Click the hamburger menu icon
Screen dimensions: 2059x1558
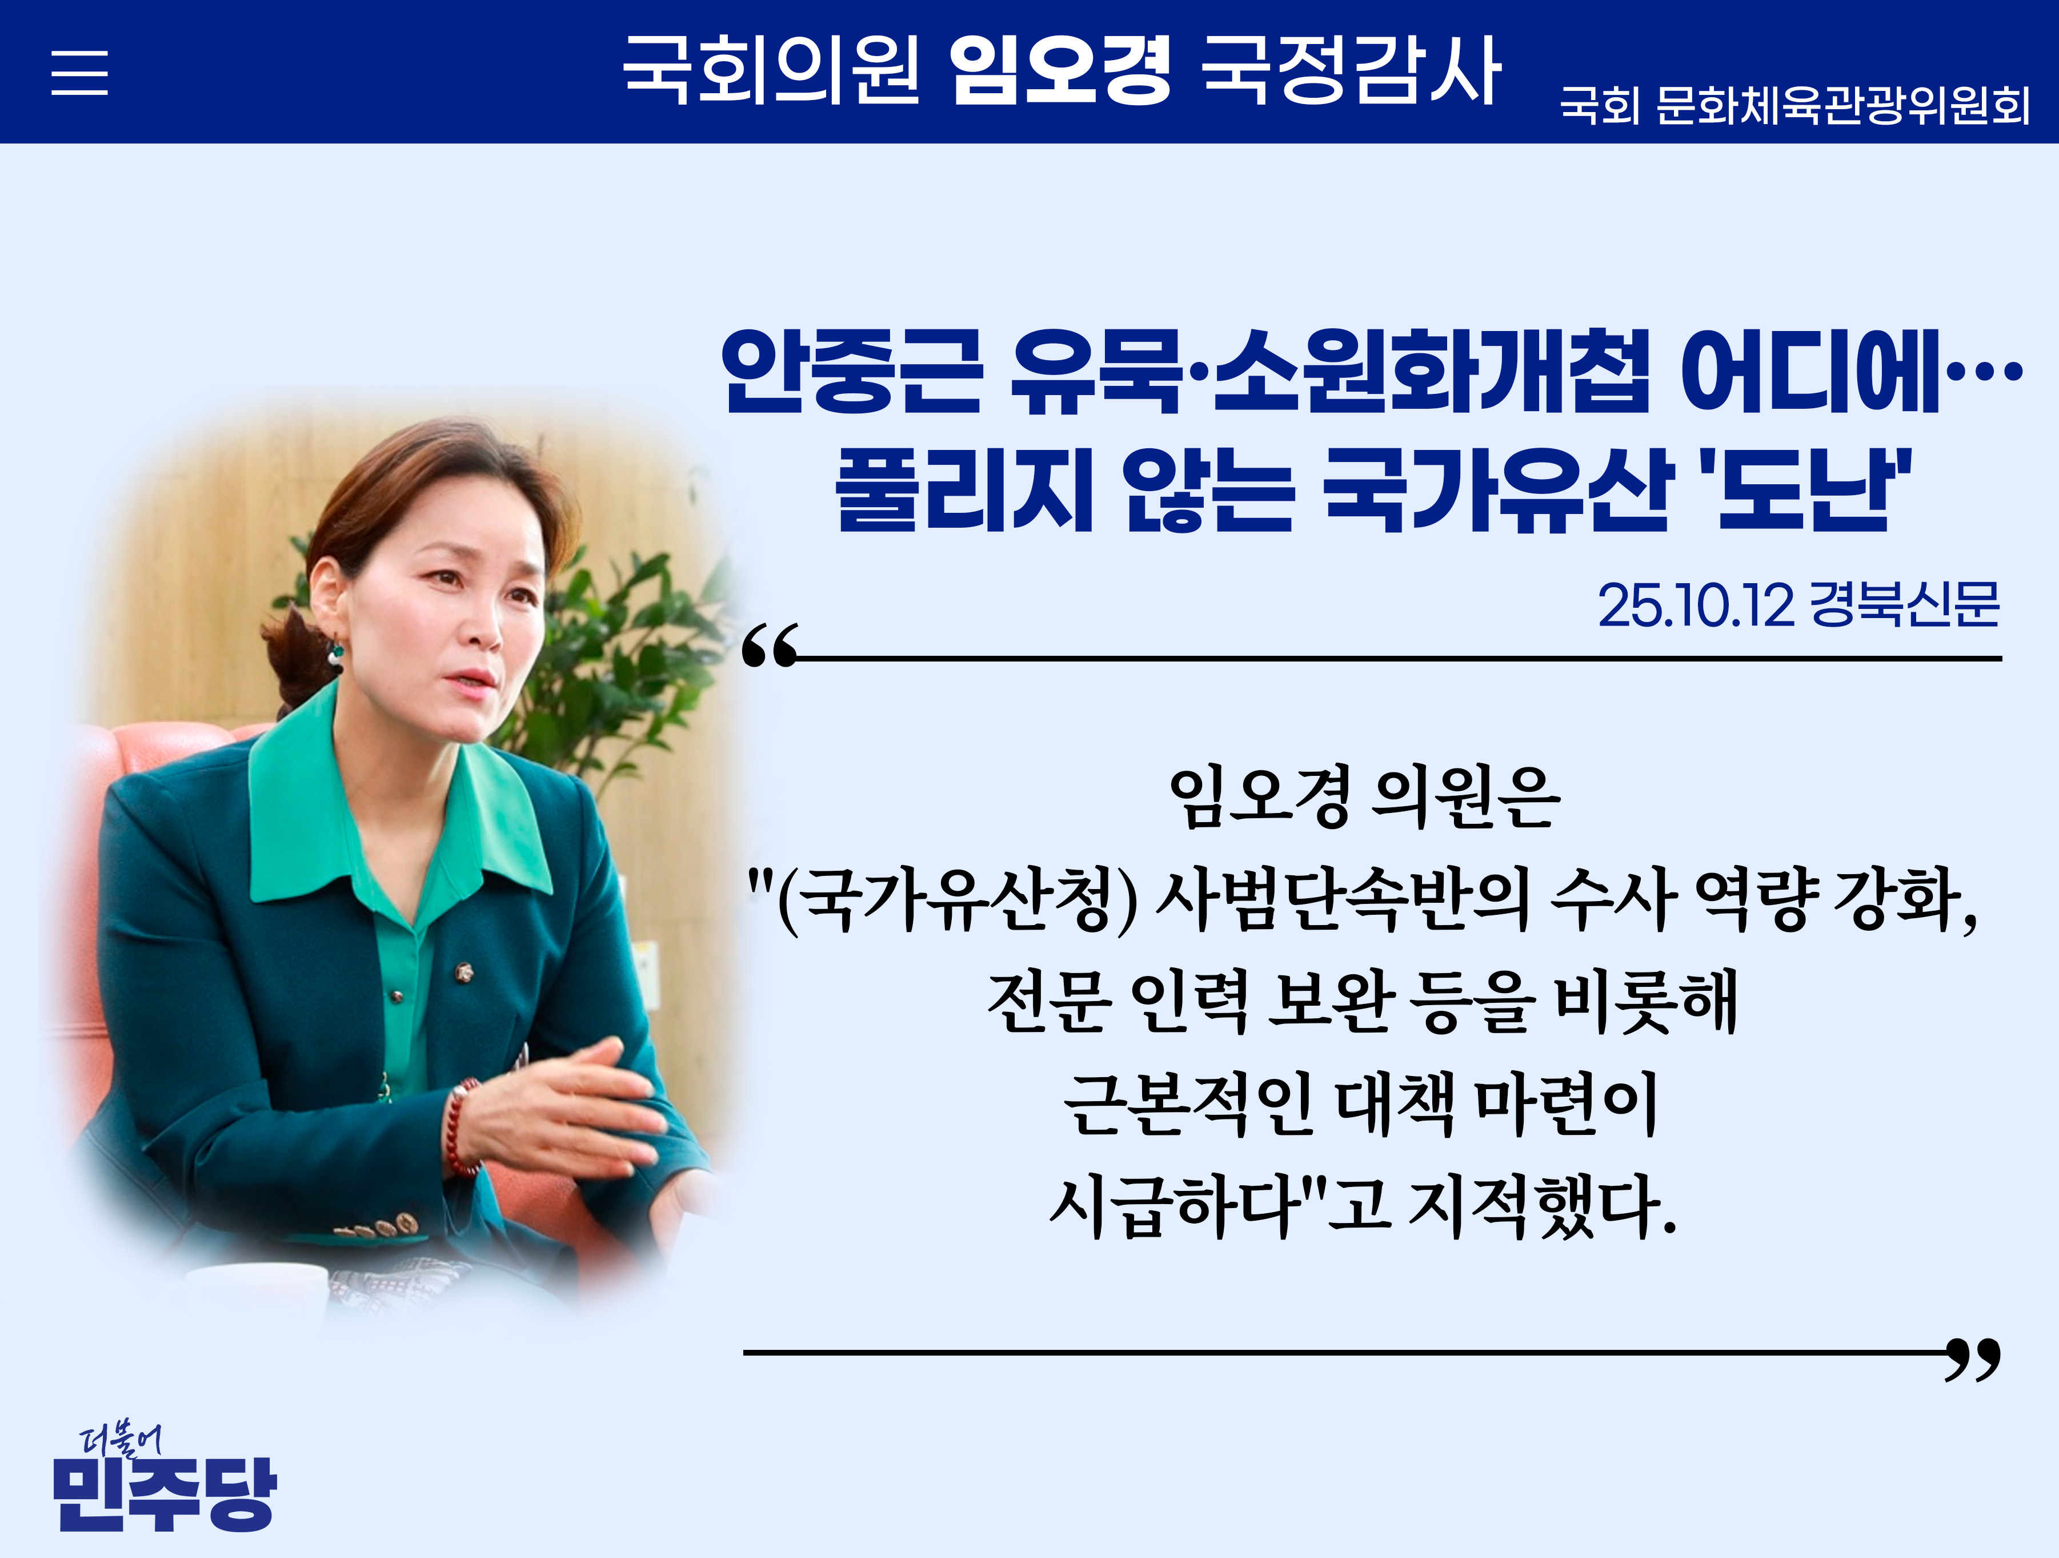pyautogui.click(x=79, y=73)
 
